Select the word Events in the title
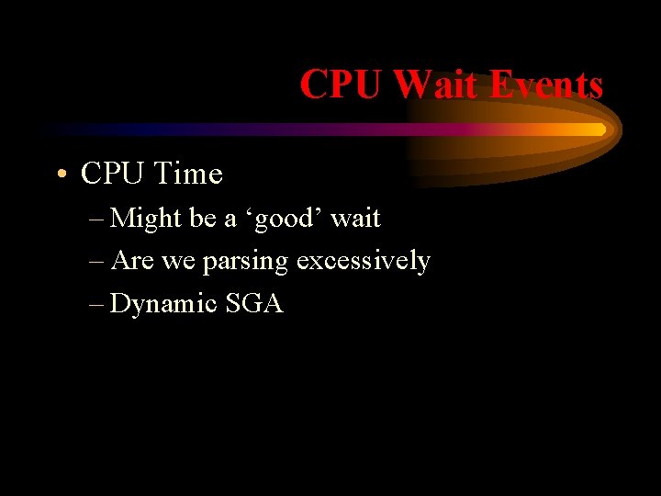pyautogui.click(x=545, y=85)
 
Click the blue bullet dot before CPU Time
pyautogui.click(x=59, y=175)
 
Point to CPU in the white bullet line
pyautogui.click(x=113, y=173)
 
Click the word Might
pyautogui.click(x=146, y=219)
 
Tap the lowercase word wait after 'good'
pyautogui.click(x=355, y=219)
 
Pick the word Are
pyautogui.click(x=131, y=261)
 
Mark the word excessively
pyautogui.click(x=363, y=261)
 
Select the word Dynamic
pyautogui.click(x=162, y=304)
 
